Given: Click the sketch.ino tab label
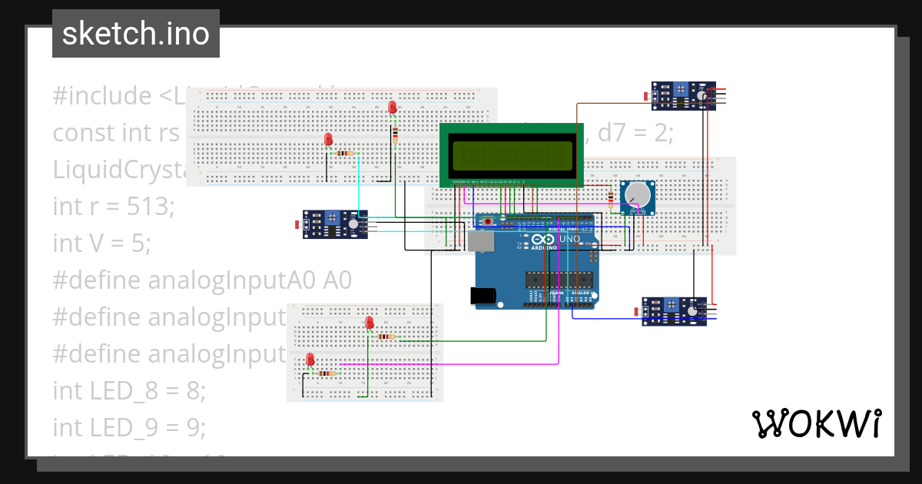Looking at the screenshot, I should coord(135,34).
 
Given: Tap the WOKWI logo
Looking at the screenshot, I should coord(815,423).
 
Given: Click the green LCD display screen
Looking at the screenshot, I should coord(511,156).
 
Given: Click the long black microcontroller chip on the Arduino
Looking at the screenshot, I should coord(559,281).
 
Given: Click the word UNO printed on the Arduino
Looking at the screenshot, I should coord(569,239).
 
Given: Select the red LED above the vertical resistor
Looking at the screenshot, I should coord(393,108).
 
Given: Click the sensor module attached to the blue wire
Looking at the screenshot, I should coord(674,311).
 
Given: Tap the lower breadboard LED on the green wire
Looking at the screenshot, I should coord(370,323).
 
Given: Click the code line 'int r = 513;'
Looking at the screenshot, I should coord(114,206).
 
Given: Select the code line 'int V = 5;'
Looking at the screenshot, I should coord(102,243).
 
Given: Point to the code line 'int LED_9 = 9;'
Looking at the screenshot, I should coord(129,427).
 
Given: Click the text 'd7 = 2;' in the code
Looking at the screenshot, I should coord(636,133).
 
